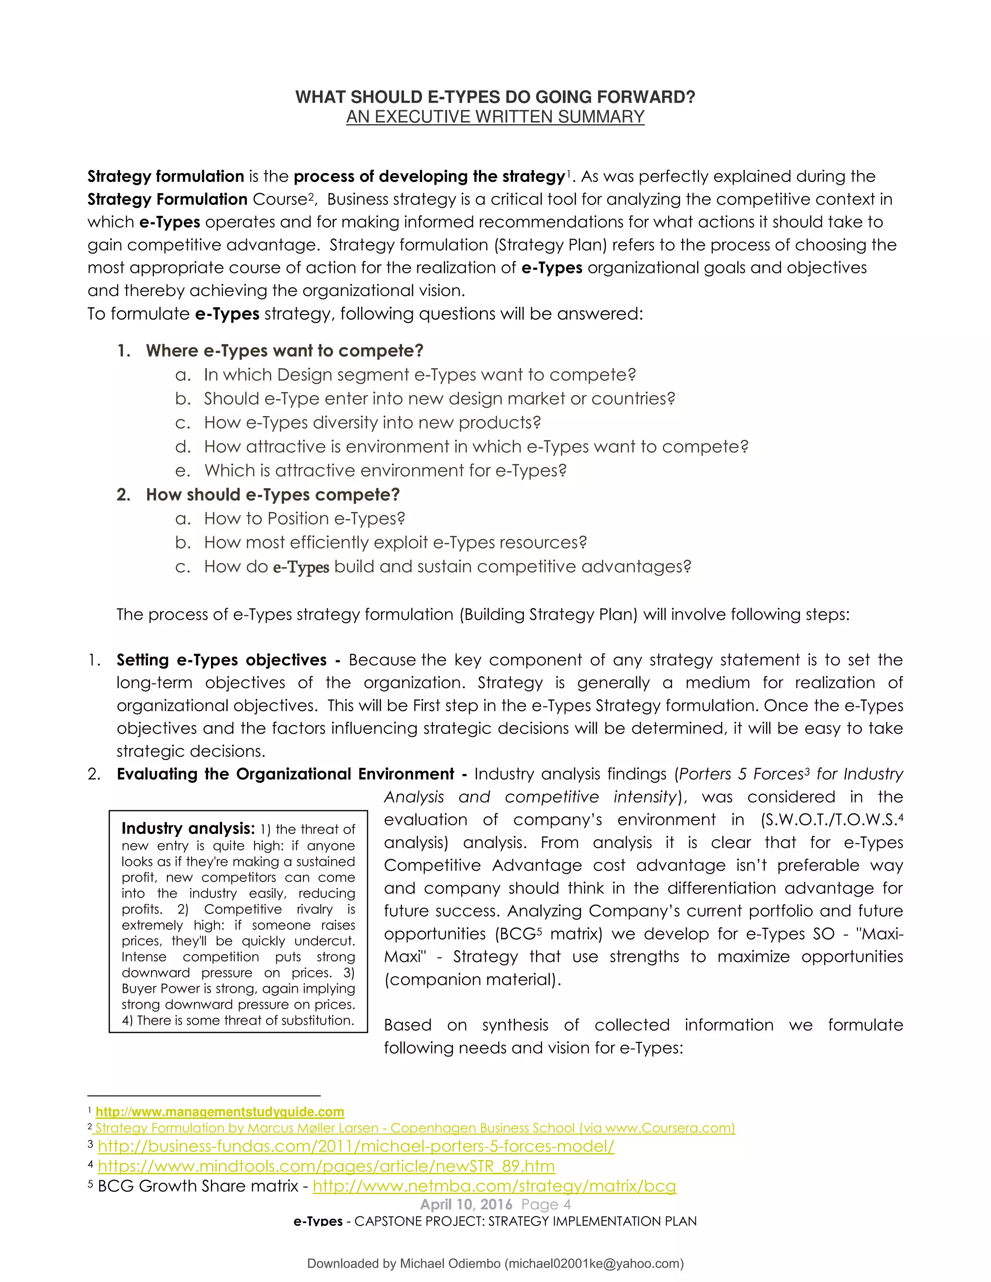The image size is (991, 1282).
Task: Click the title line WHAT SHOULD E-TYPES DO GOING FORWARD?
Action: pyautogui.click(x=495, y=97)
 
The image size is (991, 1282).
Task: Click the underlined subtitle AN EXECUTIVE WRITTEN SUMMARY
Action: pyautogui.click(x=495, y=117)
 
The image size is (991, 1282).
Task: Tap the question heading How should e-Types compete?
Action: pyautogui.click(x=272, y=494)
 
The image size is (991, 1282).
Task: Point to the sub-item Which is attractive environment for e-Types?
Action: pyautogui.click(x=385, y=470)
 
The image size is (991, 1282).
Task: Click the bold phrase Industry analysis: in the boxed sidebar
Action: pyautogui.click(x=188, y=828)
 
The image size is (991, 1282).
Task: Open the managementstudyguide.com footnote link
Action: pyautogui.click(x=220, y=1112)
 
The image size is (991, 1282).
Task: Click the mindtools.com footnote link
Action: pyautogui.click(x=327, y=1166)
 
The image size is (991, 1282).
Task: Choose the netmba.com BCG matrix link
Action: pyautogui.click(x=495, y=1186)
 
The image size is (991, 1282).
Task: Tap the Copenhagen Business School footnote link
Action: pyautogui.click(x=415, y=1128)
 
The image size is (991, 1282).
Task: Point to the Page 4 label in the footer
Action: pyautogui.click(x=546, y=1204)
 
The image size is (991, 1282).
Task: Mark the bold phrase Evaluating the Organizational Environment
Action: pyautogui.click(x=285, y=774)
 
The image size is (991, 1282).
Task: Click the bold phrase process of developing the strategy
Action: pyautogui.click(x=429, y=176)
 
